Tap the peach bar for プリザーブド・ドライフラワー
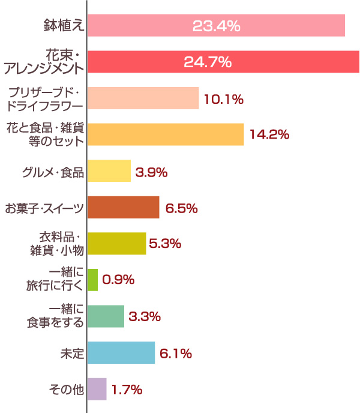pos(143,98)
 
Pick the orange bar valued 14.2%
pos(166,134)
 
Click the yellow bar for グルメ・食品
pos(109,171)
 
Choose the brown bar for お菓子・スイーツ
pos(123,207)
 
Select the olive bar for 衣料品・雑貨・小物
pos(116,244)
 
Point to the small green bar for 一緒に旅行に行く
pos(92,280)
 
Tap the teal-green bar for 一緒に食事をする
pos(106,316)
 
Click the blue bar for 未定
pos(121,353)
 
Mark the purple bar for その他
pos(97,389)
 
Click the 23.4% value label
pos(216,26)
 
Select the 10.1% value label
pos(223,99)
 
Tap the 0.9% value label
pos(119,280)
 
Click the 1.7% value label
pos(127,390)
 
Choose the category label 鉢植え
pos(63,25)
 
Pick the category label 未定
pos(71,354)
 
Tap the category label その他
pos(66,390)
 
